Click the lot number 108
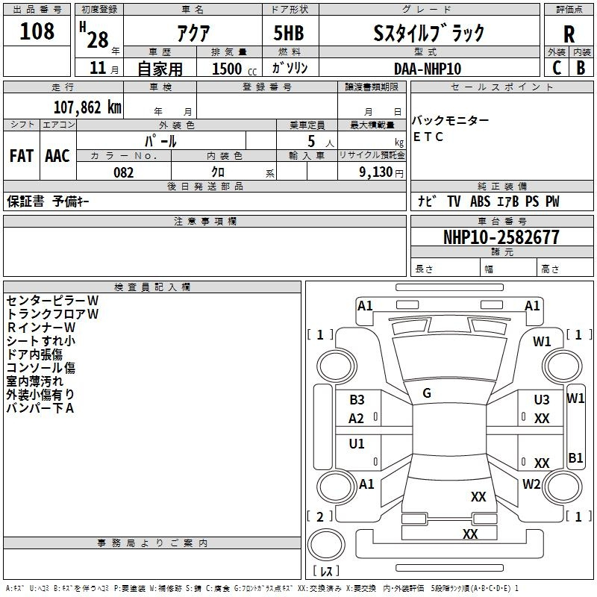[37, 31]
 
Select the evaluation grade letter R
[569, 34]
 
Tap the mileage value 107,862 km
[87, 107]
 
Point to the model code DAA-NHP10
[428, 69]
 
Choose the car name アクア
[192, 33]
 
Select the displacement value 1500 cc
[231, 69]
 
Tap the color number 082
[123, 172]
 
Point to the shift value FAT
[22, 156]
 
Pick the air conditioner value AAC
[57, 156]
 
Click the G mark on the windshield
[427, 393]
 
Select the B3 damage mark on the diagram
[357, 400]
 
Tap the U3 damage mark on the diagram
[542, 400]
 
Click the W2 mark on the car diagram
[531, 484]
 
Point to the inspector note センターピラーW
[52, 301]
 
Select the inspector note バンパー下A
[40, 408]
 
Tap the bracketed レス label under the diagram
[325, 572]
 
